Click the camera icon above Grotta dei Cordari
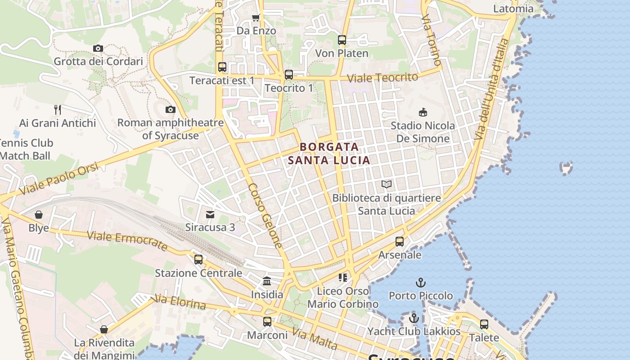(x=98, y=48)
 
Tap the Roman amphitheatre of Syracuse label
(x=170, y=129)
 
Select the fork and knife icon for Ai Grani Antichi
(x=58, y=109)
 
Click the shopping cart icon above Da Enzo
(x=256, y=18)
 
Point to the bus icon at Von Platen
(x=342, y=40)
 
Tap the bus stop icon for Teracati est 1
(x=222, y=67)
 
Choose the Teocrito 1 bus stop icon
(x=289, y=75)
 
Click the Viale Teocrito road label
(x=383, y=77)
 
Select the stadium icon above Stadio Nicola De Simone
(x=423, y=112)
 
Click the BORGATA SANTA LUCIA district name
(x=329, y=153)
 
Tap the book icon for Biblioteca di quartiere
(x=387, y=184)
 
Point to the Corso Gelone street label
(x=265, y=216)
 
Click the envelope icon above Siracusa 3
(x=210, y=214)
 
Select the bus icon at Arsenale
(x=400, y=242)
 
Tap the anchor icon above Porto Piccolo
(x=421, y=283)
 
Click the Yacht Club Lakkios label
(x=414, y=332)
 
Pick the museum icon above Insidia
(x=267, y=281)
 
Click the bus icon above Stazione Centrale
(x=198, y=260)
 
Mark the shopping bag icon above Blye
(x=39, y=215)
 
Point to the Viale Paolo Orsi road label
(x=59, y=179)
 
